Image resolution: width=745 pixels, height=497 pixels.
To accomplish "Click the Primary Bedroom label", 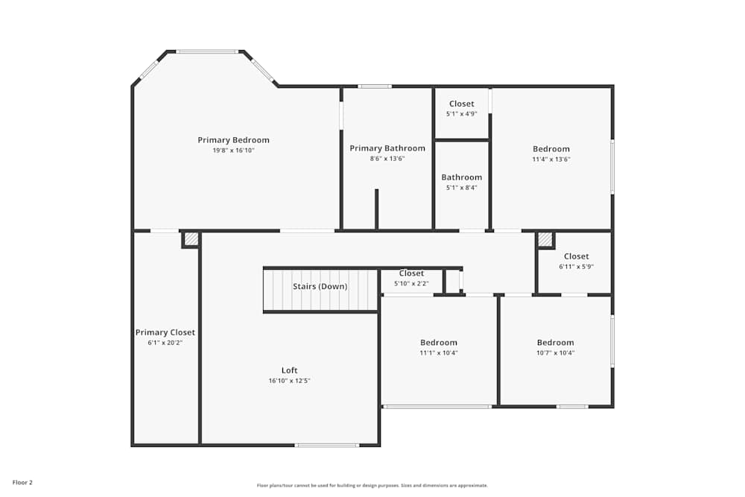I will point(233,140).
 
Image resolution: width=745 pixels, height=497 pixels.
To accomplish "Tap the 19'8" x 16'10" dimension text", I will point(233,151).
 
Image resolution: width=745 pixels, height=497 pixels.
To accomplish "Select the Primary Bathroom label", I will point(387,148).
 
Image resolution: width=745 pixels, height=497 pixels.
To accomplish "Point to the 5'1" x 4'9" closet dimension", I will point(461,114).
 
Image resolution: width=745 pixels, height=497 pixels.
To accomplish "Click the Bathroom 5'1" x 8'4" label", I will point(461,177).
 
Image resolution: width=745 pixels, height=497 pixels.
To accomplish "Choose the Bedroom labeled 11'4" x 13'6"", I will point(551,149).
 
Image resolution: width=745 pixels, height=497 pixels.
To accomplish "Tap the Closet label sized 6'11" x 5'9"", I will point(576,256).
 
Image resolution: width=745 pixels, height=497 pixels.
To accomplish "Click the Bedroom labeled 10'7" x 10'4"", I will point(555,343).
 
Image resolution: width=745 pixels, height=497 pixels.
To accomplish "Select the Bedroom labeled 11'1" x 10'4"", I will point(439,343).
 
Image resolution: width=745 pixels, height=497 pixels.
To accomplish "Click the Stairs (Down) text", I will point(320,286).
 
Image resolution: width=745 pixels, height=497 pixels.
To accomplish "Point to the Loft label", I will point(289,370).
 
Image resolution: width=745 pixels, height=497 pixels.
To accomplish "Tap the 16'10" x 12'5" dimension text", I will point(289,381).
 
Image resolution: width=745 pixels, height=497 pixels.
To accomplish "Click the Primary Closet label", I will point(165,332).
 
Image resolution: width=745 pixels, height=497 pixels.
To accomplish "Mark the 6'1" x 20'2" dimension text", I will point(165,343).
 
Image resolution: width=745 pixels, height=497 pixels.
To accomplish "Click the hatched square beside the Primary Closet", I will point(191,239).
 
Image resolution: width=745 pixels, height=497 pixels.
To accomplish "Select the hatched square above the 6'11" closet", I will point(545,239).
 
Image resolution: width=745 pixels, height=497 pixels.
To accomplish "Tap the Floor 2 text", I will point(22,483).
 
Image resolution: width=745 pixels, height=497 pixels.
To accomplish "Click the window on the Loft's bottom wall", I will point(326,445).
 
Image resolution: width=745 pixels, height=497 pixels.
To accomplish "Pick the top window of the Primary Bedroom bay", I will point(207,51).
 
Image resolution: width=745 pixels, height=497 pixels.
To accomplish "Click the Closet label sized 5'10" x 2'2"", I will point(411,273).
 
